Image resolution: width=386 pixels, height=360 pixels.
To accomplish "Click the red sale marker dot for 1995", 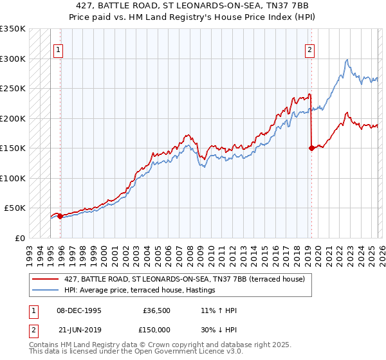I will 60,217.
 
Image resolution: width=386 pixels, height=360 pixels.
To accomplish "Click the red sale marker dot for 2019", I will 311,148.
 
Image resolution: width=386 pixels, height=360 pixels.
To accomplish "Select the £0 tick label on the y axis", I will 19,238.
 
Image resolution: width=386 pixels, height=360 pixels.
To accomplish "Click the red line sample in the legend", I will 46,279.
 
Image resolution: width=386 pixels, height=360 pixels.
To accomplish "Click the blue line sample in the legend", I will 46,291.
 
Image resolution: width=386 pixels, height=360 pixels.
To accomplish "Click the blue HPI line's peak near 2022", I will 347,60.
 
